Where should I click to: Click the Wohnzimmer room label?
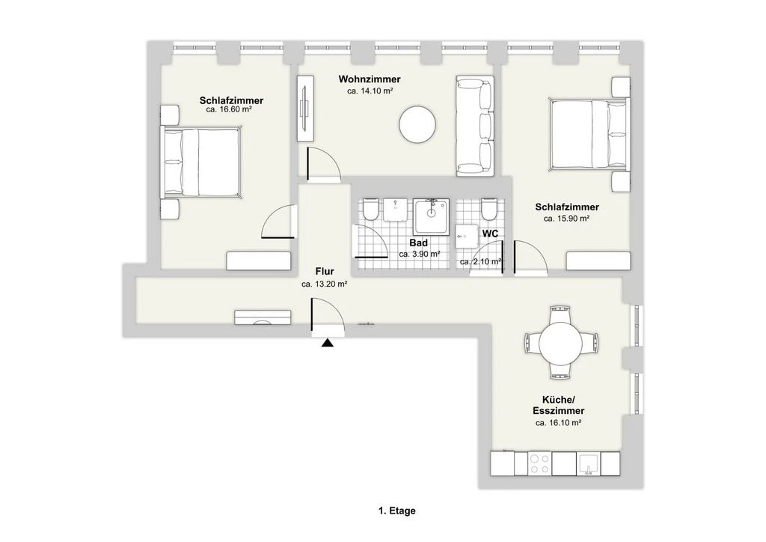tap(369, 79)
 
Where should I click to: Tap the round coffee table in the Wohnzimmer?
tap(417, 125)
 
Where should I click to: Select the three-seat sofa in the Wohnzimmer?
tap(474, 127)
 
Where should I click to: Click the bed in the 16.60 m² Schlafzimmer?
tap(203, 162)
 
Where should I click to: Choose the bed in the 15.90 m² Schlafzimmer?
tap(588, 135)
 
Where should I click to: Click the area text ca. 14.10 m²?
tap(370, 91)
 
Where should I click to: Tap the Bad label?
tap(418, 243)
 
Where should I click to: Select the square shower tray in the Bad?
tap(432, 216)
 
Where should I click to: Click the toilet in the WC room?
tap(488, 209)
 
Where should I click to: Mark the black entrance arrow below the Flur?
tap(327, 344)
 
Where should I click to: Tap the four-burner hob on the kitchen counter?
tap(539, 463)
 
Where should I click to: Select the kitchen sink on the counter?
tap(589, 463)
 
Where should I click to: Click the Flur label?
tap(324, 272)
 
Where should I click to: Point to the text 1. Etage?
tap(396, 511)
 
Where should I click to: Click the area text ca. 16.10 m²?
tap(558, 423)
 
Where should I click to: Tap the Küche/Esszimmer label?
tap(558, 405)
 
